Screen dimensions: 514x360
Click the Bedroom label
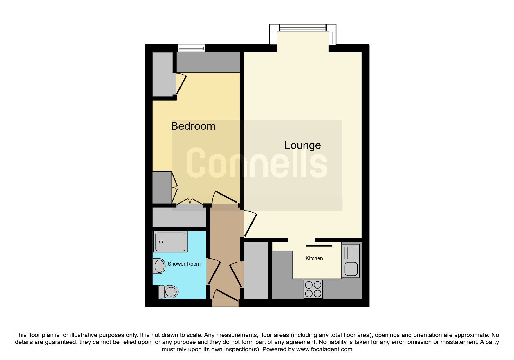[193, 126]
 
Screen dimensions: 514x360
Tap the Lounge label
[302, 145]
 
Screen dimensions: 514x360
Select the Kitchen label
[314, 258]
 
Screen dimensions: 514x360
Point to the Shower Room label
[184, 264]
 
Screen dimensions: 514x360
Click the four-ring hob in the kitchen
[313, 289]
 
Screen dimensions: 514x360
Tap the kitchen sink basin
[351, 269]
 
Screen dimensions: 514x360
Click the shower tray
[170, 242]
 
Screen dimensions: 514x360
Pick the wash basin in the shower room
[159, 266]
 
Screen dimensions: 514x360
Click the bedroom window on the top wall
[191, 48]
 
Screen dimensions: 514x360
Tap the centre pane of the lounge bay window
[303, 28]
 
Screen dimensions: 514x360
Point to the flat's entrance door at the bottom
[226, 295]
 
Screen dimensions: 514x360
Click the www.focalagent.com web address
[324, 349]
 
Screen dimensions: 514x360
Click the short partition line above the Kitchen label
[319, 246]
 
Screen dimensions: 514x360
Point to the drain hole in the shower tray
[161, 242]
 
